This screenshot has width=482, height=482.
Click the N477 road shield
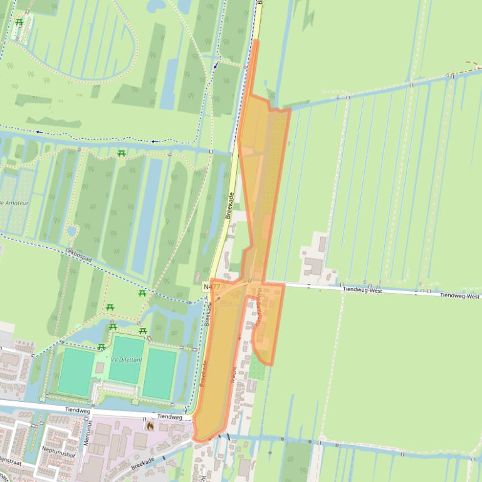211,286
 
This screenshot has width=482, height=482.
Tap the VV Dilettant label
127,360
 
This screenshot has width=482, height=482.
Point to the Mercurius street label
88,432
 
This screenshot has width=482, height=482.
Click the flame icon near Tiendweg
150,426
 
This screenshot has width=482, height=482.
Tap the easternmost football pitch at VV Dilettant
159,374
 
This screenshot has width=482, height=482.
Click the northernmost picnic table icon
19,23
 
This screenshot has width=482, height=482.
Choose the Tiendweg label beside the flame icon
169,416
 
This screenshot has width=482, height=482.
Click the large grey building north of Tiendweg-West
313,267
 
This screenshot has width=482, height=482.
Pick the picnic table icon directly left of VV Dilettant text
102,347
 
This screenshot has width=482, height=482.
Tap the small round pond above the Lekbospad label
71,231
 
